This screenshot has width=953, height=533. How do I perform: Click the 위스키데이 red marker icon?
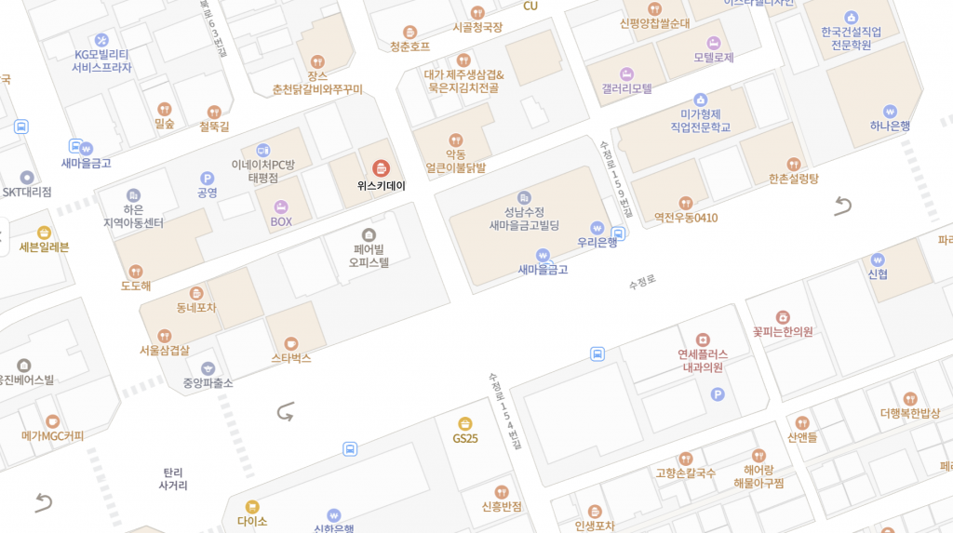(381, 168)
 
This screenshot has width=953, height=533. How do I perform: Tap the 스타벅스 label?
(291, 358)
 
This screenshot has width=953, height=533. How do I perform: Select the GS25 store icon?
(465, 423)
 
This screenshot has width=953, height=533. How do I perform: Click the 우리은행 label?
(597, 243)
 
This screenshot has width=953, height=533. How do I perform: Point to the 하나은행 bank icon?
(890, 111)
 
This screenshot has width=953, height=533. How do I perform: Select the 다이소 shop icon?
(252, 507)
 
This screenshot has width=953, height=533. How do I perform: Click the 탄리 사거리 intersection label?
(173, 478)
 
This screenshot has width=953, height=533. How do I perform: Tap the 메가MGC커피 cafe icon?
(52, 421)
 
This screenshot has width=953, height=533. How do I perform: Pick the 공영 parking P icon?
(207, 178)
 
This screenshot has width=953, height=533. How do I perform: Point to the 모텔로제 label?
(714, 58)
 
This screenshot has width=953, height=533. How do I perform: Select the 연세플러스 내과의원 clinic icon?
(703, 340)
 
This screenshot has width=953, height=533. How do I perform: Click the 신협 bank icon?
(878, 260)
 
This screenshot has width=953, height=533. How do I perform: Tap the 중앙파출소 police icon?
(208, 368)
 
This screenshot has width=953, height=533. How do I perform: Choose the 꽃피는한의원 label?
(783, 331)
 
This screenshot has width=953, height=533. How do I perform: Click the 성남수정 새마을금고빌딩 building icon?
(524, 197)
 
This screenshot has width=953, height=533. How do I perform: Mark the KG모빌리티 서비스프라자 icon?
(101, 40)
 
